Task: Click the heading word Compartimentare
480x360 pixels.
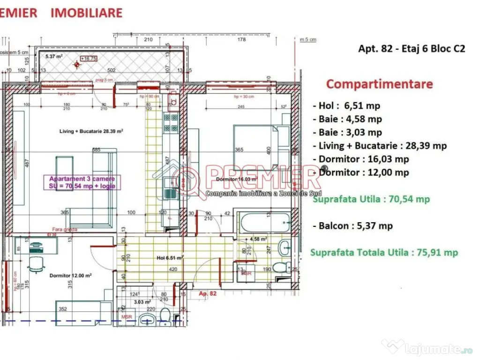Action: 379,84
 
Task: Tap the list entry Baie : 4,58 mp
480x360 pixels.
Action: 347,119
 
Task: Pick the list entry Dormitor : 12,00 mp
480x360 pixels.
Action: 361,172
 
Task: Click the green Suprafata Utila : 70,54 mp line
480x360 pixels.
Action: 370,199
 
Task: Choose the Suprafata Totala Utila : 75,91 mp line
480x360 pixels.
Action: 384,253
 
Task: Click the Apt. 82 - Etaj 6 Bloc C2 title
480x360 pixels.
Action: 412,49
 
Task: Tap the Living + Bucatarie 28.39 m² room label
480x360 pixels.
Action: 91,132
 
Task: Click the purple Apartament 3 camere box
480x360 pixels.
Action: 82,182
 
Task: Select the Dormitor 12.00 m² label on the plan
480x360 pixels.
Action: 70,276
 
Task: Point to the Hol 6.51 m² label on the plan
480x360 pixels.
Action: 169,257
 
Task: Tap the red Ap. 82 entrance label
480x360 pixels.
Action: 208,293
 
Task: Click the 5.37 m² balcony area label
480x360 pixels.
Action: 54,57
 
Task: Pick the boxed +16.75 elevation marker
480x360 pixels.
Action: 88,59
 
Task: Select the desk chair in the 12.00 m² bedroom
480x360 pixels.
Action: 35,263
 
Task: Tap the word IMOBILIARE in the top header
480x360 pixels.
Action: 86,13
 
